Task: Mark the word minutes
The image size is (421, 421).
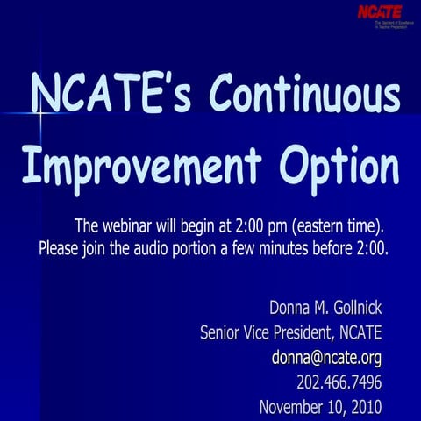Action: click(289, 247)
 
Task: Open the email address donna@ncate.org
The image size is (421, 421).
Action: click(326, 358)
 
